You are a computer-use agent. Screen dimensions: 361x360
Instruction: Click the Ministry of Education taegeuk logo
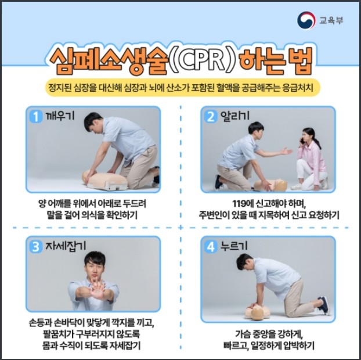(306, 20)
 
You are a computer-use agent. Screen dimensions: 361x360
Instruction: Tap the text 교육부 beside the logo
(331, 20)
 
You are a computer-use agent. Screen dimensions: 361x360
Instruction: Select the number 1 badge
(35, 116)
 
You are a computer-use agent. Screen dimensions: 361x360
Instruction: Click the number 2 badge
(211, 116)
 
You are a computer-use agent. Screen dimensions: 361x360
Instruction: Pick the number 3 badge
(35, 247)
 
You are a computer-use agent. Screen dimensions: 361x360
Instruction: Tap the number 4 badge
(211, 247)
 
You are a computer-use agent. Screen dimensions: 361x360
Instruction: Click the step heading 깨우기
(60, 116)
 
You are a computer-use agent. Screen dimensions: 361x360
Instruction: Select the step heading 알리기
(235, 116)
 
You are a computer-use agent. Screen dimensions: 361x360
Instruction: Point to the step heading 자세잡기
(66, 246)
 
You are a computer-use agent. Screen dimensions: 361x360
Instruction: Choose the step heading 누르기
(234, 246)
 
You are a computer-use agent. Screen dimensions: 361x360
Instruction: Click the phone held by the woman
(301, 141)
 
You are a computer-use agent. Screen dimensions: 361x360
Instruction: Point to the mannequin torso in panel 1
(106, 181)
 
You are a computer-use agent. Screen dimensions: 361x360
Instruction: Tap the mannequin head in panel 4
(257, 314)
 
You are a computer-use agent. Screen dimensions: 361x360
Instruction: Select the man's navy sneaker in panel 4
(324, 305)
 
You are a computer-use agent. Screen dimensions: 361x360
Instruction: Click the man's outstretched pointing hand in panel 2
(286, 151)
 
